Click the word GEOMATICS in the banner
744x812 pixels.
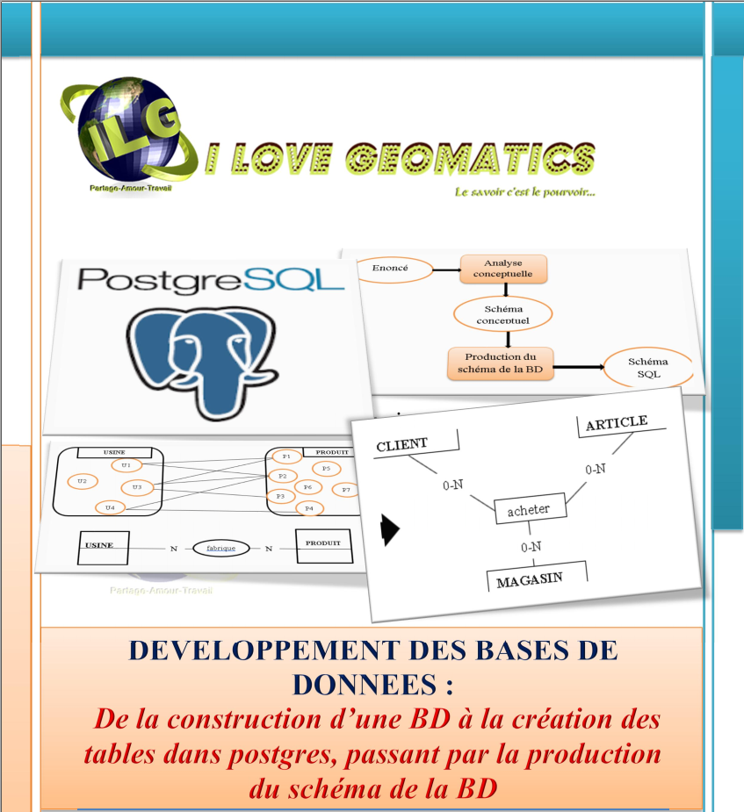[470, 157]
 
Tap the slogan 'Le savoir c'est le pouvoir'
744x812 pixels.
[524, 192]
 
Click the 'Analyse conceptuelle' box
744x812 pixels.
[502, 269]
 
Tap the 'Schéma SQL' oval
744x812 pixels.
[648, 369]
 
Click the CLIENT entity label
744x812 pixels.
[401, 444]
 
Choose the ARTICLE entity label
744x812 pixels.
[617, 423]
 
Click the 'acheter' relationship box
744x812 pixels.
[530, 510]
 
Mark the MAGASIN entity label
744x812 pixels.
[530, 580]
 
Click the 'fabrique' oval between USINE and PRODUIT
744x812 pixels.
[220, 548]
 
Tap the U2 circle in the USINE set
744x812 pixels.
[82, 481]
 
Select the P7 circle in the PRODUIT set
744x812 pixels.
[346, 489]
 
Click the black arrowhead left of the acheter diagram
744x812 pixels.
[389, 529]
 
